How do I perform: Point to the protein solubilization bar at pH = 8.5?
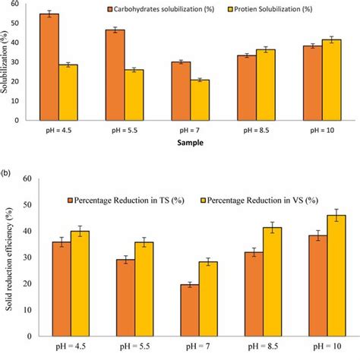(x=266, y=84)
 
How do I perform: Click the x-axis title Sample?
(x=182, y=142)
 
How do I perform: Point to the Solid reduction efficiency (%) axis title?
(x=9, y=258)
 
